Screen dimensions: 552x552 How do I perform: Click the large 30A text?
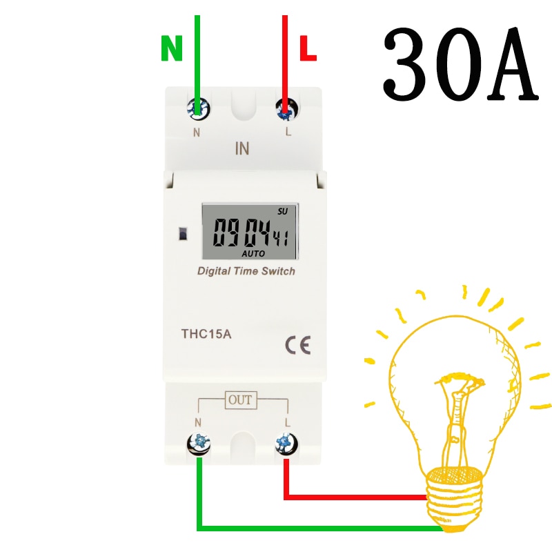460,63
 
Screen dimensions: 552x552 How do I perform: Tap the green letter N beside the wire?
172,48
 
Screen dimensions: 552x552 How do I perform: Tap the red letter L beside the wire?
308,48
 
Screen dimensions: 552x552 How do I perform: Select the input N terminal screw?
198,108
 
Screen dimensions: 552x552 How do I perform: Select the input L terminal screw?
287,109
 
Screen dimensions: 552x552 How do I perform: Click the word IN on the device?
242,148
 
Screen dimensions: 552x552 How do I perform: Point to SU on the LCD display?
283,211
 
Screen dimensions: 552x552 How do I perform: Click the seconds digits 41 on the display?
282,238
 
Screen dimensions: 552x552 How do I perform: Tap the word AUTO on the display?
253,253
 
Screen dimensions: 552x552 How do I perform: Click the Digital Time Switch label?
246,271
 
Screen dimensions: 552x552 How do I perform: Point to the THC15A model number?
206,334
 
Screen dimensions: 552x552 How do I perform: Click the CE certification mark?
298,345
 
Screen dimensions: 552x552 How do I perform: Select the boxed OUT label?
241,400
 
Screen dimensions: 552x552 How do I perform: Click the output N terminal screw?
199,444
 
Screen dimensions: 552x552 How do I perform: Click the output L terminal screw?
286,443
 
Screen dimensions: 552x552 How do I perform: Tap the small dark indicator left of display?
183,233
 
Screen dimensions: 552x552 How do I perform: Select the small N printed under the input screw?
197,132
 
